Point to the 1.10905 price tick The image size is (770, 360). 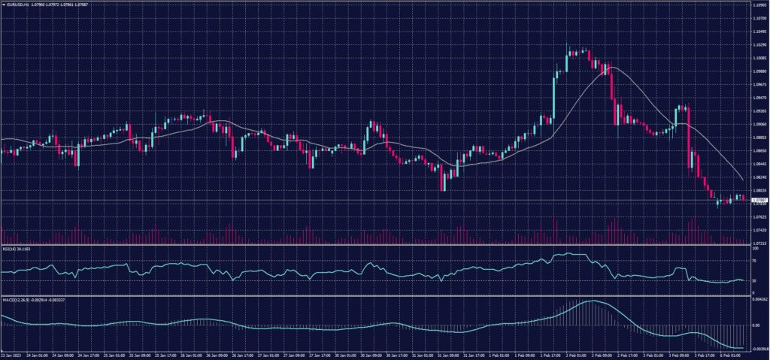[x=758, y=5]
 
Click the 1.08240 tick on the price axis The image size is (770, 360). [x=758, y=177]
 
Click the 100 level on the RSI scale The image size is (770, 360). [x=754, y=248]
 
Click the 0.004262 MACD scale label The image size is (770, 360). [x=758, y=299]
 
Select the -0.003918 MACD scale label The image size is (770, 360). [x=758, y=349]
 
